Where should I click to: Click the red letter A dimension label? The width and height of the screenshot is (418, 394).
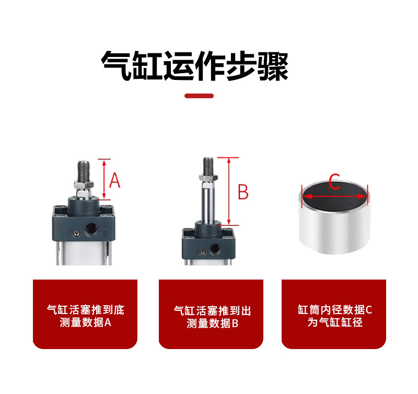(115, 180)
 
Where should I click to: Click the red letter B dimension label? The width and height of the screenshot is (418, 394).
(243, 192)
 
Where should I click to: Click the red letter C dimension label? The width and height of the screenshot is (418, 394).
(334, 181)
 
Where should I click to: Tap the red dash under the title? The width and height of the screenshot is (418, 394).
(199, 96)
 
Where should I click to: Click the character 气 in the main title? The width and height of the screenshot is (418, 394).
(116, 65)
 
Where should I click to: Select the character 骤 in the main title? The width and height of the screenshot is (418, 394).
(273, 66)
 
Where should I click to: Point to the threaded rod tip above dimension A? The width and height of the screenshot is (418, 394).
(84, 163)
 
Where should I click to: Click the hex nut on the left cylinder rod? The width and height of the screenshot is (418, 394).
(84, 184)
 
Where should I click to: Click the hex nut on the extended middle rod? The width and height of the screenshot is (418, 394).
(208, 178)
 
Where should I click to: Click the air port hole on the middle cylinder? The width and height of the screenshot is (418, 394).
(215, 249)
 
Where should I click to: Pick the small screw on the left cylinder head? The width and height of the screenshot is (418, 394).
(76, 233)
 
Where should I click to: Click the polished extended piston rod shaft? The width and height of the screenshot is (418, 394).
(208, 202)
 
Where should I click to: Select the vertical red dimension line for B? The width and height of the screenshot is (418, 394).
(229, 191)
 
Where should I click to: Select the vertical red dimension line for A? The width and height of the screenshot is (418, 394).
(104, 179)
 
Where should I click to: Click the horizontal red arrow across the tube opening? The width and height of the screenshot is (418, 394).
(335, 196)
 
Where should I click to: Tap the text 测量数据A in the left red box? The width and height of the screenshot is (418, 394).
(86, 322)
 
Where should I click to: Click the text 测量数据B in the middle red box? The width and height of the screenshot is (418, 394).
(213, 323)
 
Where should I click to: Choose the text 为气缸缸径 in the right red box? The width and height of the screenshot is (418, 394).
(335, 322)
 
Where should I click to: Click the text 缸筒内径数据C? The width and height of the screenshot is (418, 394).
(335, 310)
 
